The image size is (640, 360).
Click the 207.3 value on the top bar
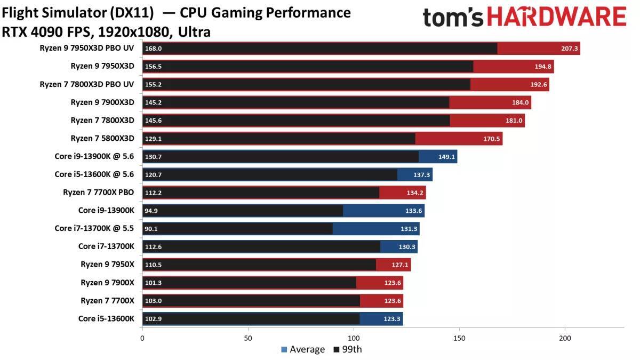569,49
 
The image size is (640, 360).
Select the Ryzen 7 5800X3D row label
102,139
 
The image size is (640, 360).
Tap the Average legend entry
303,349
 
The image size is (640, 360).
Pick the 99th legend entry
347,349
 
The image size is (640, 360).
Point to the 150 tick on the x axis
459,338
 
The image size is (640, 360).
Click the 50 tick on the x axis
248,338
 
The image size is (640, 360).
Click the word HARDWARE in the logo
556,18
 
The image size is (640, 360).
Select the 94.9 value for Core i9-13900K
151,211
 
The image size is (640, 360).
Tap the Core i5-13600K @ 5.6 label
94,174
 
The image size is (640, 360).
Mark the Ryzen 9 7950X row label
107,265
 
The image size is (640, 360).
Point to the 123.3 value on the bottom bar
393,319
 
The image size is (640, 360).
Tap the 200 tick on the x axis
565,338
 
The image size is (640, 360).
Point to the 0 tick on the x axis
142,338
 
